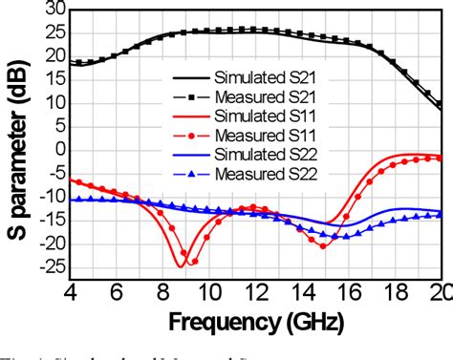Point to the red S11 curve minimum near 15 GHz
(x=323, y=245)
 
